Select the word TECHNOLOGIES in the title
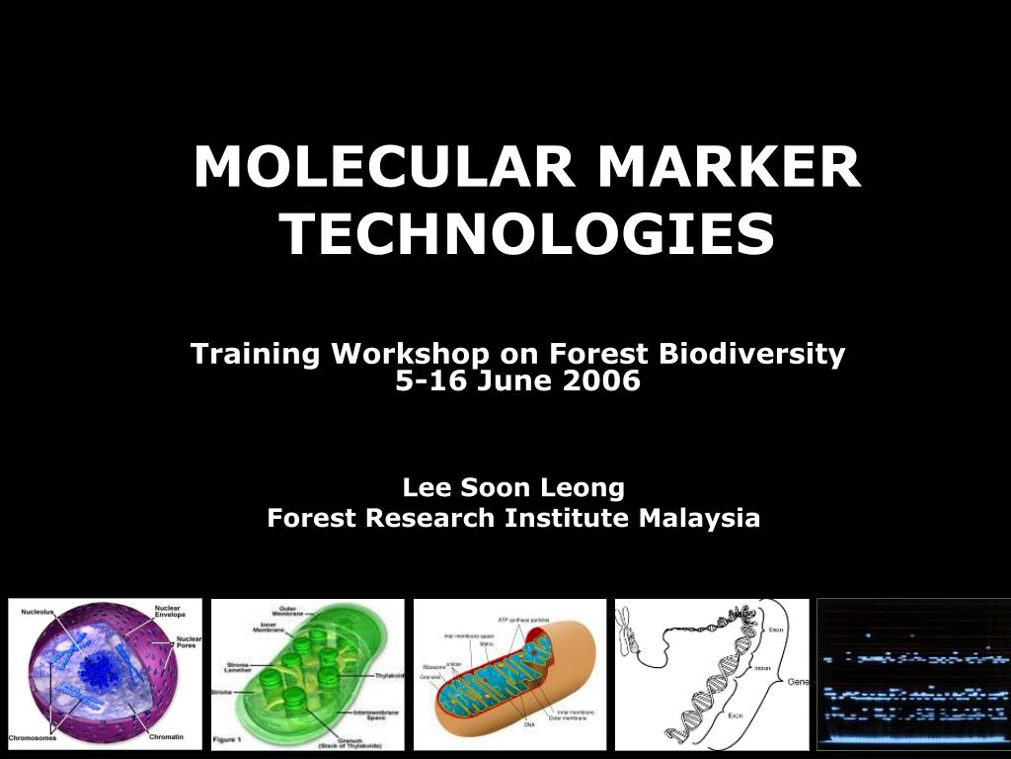pos(527,234)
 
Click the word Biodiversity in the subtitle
pos(752,354)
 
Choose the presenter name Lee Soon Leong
pos(513,487)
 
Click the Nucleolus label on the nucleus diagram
pos(39,612)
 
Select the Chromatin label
pos(165,736)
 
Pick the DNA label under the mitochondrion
pos(529,724)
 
